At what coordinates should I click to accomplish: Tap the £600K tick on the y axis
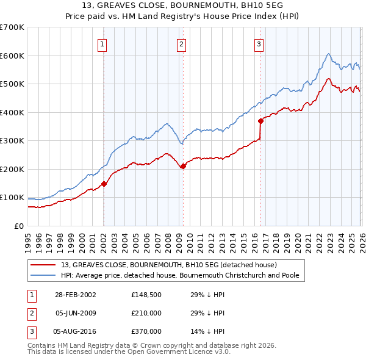[12, 56]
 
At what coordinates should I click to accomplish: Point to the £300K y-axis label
[12, 141]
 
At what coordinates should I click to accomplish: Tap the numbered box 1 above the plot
[102, 43]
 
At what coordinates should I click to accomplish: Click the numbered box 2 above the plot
[182, 43]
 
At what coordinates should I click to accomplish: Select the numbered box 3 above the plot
[259, 43]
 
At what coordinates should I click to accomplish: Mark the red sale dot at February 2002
[104, 184]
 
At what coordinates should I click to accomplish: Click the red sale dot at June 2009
[183, 166]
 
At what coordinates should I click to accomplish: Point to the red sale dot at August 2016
[260, 121]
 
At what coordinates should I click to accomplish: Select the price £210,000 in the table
[146, 313]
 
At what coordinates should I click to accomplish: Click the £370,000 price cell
[146, 331]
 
